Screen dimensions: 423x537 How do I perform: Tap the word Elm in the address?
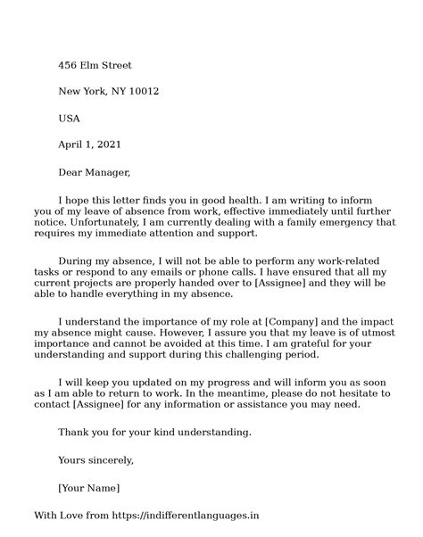point(94,65)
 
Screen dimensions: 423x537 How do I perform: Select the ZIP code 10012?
point(143,92)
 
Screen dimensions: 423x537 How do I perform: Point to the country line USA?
point(70,118)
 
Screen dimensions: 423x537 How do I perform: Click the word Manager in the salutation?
point(110,172)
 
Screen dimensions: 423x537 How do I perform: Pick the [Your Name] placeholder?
point(88,488)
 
